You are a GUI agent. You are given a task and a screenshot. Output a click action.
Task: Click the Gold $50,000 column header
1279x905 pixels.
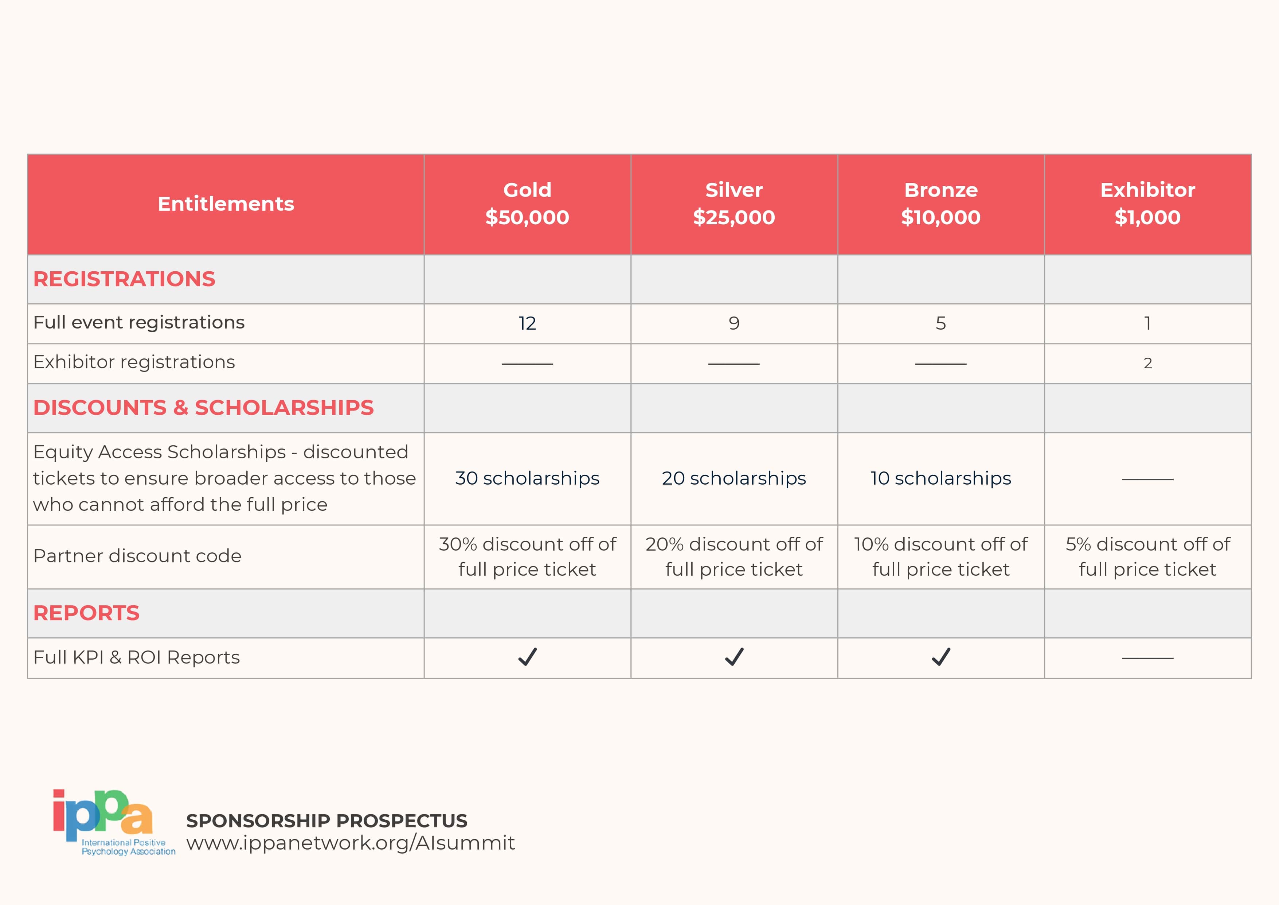pyautogui.click(x=527, y=203)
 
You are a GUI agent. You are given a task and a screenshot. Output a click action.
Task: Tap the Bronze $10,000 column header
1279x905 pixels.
pyautogui.click(x=940, y=203)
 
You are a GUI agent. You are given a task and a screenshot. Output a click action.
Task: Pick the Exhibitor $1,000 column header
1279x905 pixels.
pyautogui.click(x=1147, y=203)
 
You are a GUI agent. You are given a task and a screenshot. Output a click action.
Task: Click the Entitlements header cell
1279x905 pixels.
pyautogui.click(x=226, y=204)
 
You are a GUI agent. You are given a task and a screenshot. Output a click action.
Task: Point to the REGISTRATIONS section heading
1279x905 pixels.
pyautogui.click(x=124, y=279)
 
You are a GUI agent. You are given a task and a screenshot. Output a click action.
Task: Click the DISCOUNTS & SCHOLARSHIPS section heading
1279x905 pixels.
pyautogui.click(x=203, y=408)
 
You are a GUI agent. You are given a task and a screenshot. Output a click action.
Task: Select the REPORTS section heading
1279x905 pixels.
pyautogui.click(x=86, y=613)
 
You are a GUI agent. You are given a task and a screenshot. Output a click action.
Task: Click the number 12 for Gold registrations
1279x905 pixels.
pyautogui.click(x=527, y=323)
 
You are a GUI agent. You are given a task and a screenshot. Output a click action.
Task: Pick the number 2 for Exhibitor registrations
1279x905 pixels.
pyautogui.click(x=1147, y=363)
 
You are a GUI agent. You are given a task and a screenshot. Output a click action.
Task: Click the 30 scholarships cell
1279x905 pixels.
pyautogui.click(x=527, y=478)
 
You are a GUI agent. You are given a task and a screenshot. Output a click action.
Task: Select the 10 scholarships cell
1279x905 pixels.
pyautogui.click(x=940, y=478)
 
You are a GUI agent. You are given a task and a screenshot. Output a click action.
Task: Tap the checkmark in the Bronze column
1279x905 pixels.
pyautogui.click(x=941, y=657)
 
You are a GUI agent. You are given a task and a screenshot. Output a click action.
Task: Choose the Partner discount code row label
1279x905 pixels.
pyautogui.click(x=137, y=556)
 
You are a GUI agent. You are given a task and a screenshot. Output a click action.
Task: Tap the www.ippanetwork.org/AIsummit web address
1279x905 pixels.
pyautogui.click(x=351, y=843)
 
